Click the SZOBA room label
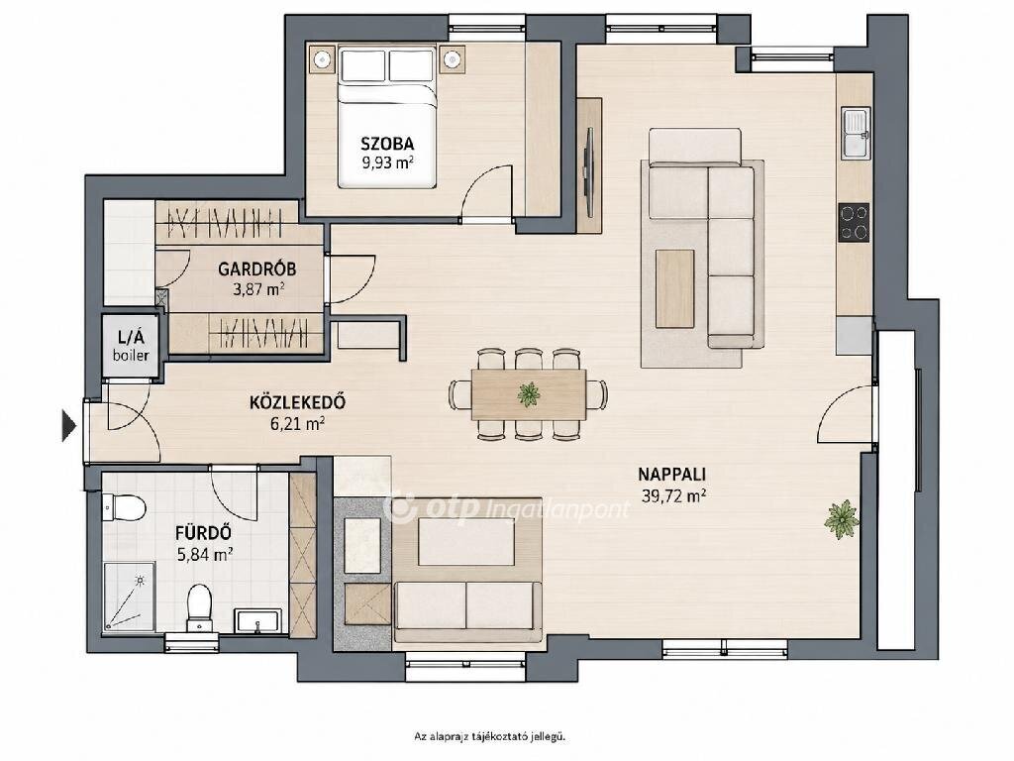pos(387,143)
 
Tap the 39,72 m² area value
pos(673,496)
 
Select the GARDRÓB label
pos(257,268)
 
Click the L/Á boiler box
pos(131,346)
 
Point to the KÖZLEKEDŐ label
pos(297,402)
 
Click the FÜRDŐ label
pos(204,533)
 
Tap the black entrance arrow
pos(68,425)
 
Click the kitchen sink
pos(855,134)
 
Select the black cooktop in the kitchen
pos(855,223)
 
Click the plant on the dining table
pos(529,394)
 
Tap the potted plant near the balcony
pos(842,518)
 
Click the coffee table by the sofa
pos(674,288)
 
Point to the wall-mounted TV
pos(589,172)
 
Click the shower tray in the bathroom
pos(129,597)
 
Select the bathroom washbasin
pos(257,620)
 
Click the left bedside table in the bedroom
pos(322,60)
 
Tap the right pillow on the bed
pos(412,64)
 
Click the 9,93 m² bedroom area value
pos(387,162)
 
